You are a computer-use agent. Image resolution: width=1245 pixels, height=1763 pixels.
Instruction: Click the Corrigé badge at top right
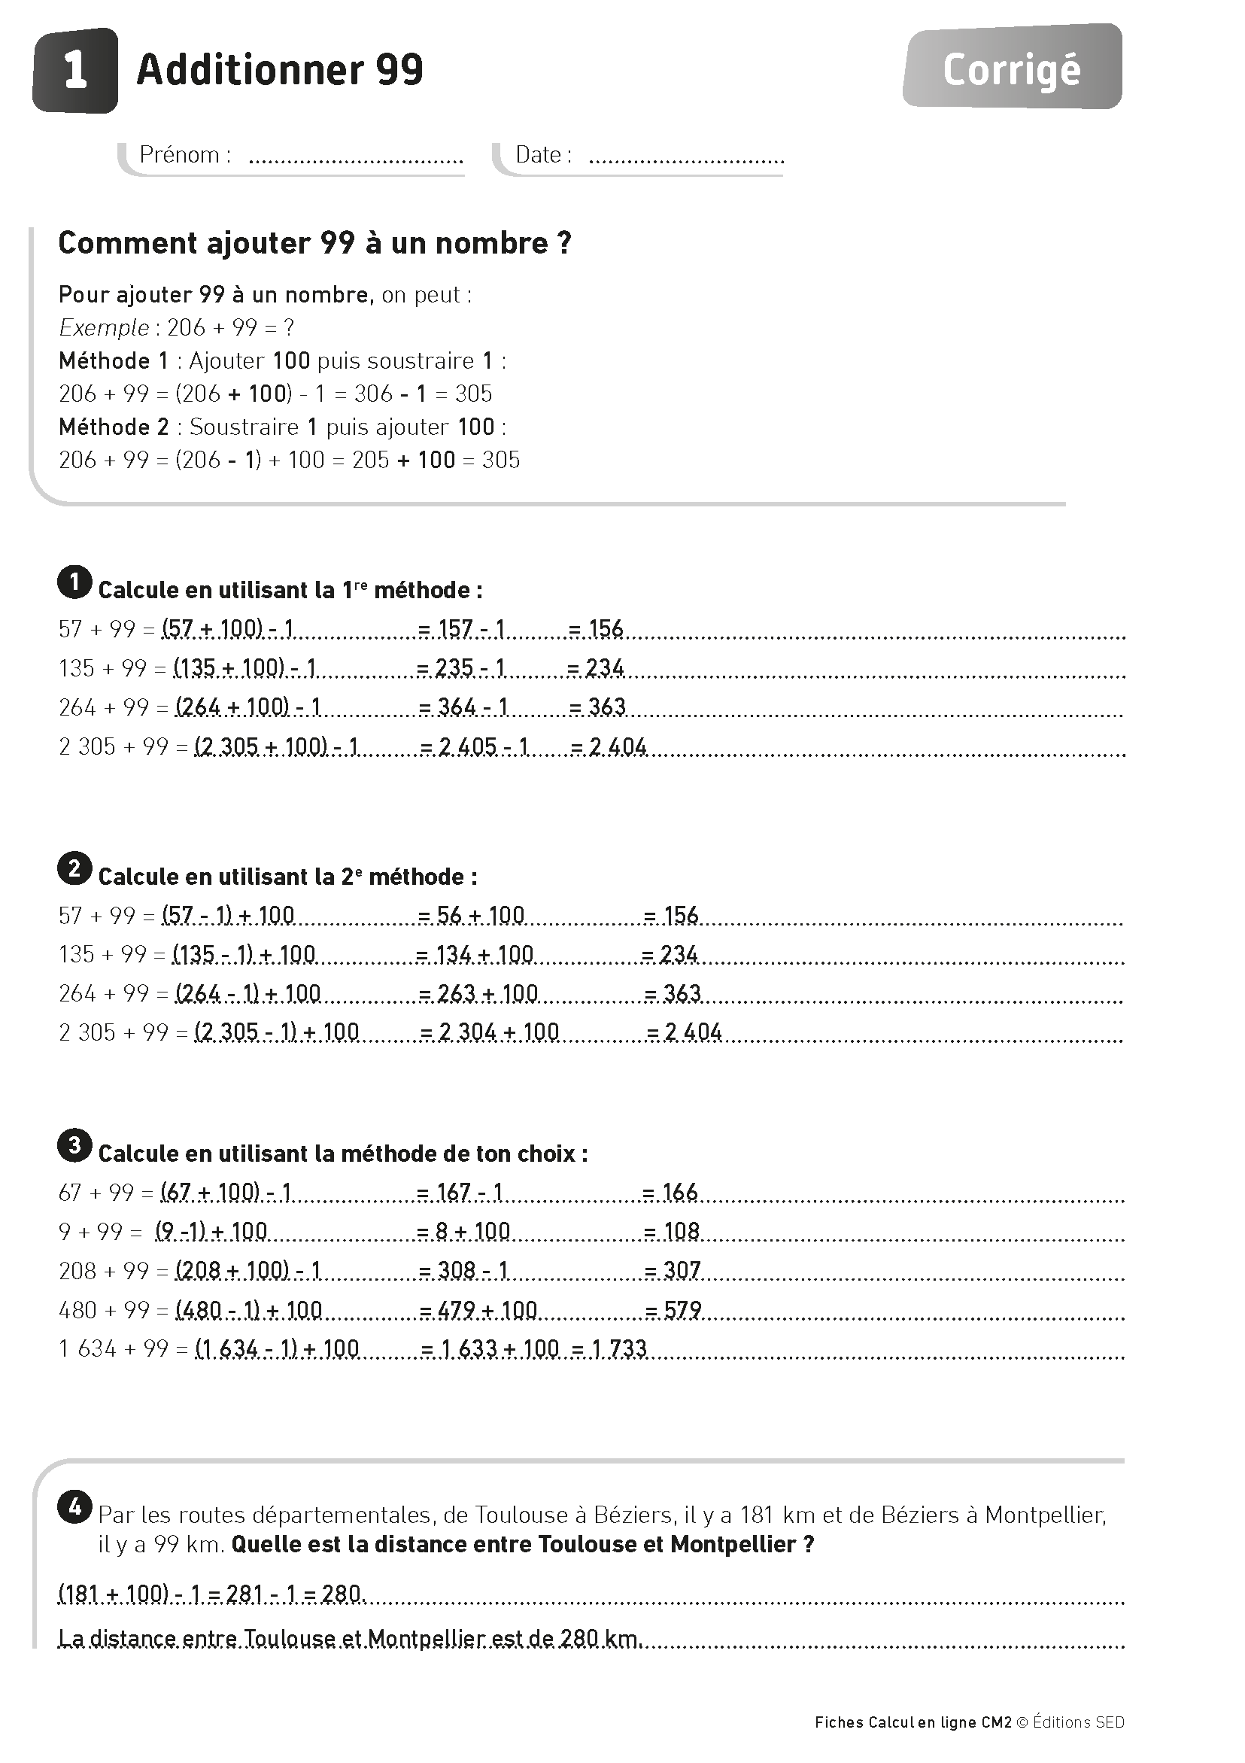click(x=1012, y=69)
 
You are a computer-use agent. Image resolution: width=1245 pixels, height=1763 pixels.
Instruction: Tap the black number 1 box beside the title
click(x=75, y=71)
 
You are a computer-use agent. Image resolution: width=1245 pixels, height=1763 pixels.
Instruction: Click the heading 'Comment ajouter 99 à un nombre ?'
click(x=314, y=243)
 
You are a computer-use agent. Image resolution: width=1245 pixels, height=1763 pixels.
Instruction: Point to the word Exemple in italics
click(x=104, y=328)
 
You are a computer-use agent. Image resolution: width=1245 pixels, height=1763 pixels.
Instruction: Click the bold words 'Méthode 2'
click(x=114, y=427)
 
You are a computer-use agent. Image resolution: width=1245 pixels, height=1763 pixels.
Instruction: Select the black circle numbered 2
click(x=74, y=868)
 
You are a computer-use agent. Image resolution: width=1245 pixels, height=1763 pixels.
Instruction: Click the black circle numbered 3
click(x=74, y=1146)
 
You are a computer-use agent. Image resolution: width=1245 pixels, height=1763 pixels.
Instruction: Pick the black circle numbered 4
click(x=74, y=1507)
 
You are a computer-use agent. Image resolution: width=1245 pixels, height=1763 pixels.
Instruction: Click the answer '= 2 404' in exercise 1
click(x=609, y=746)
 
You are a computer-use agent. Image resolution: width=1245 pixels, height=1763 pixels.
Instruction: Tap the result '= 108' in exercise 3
click(x=671, y=1233)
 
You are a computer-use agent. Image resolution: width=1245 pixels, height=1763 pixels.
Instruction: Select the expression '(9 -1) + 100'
click(x=211, y=1233)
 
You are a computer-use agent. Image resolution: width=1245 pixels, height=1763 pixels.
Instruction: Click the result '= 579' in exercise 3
click(x=673, y=1310)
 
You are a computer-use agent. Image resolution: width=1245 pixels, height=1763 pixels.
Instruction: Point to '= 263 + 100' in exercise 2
click(x=479, y=993)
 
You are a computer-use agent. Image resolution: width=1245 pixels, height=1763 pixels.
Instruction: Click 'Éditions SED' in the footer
click(x=1079, y=1722)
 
